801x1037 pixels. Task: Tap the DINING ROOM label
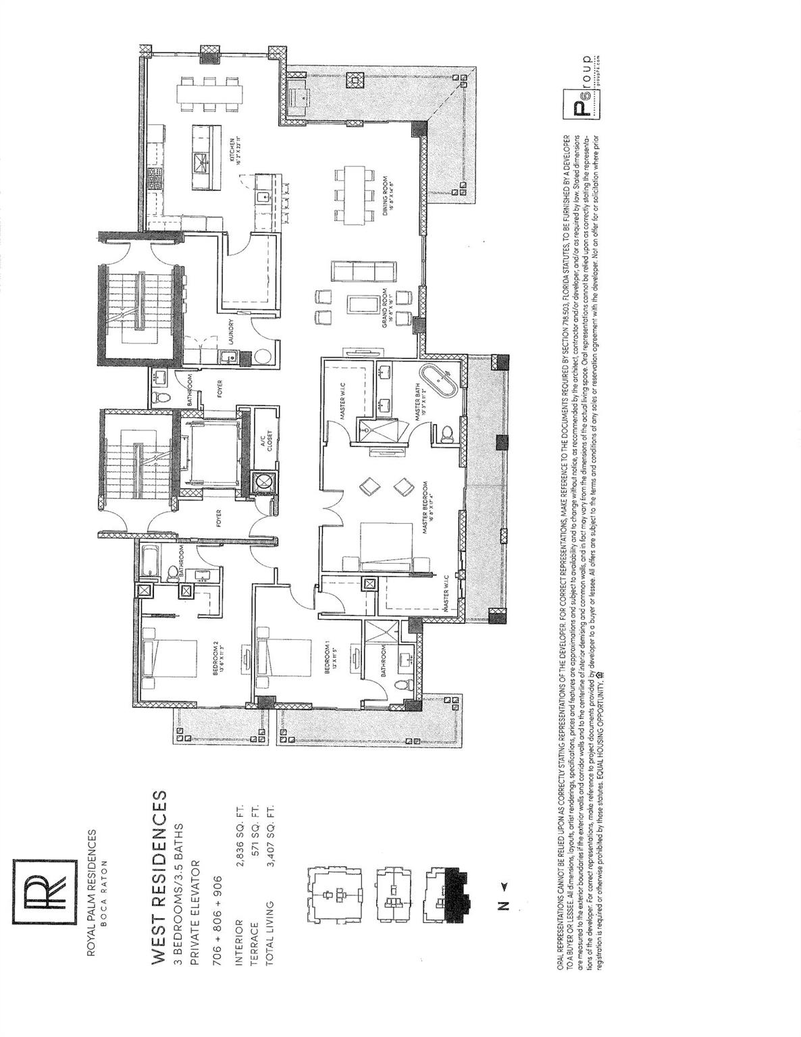[x=386, y=194]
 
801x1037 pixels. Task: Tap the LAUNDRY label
[x=232, y=332]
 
